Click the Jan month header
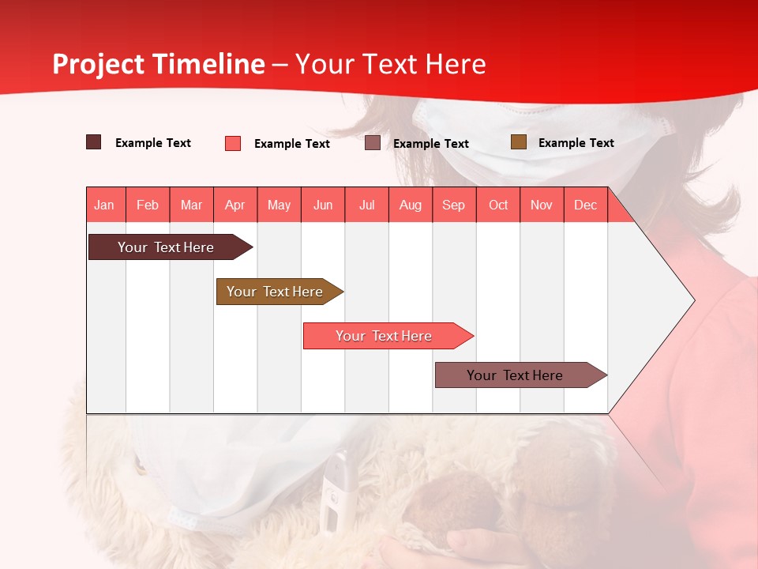point(105,205)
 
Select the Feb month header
point(148,205)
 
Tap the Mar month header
point(191,205)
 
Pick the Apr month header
point(235,205)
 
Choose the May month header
point(279,205)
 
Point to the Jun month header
point(323,205)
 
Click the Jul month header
point(366,205)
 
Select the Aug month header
point(411,205)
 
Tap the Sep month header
point(454,205)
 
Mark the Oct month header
point(498,205)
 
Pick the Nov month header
point(542,205)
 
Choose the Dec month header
point(586,205)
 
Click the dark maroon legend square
point(94,142)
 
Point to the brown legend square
point(519,142)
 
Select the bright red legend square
point(233,143)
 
